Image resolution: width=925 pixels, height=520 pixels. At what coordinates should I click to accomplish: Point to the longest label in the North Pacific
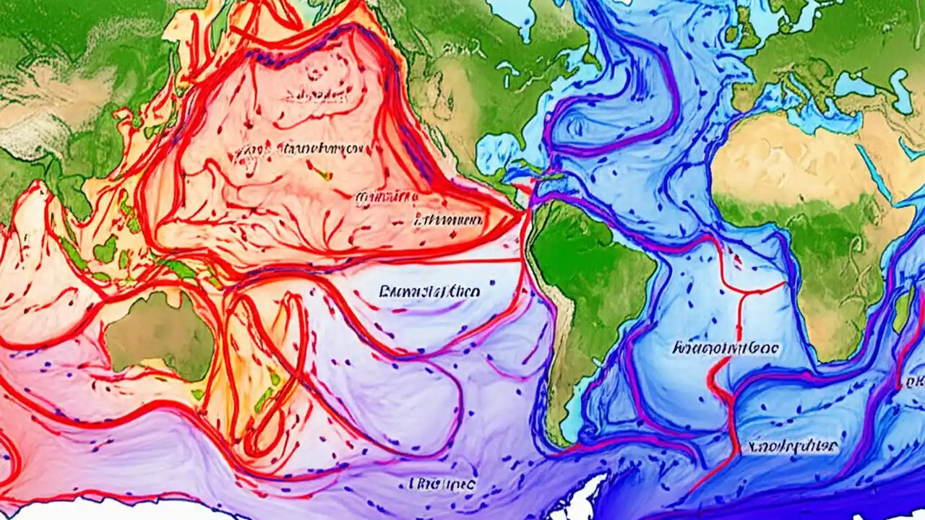tap(296, 149)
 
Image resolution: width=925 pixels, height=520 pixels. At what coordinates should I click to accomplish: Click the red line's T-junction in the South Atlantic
tap(739, 293)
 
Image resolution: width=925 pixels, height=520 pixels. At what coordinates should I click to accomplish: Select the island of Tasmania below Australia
tap(198, 394)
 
